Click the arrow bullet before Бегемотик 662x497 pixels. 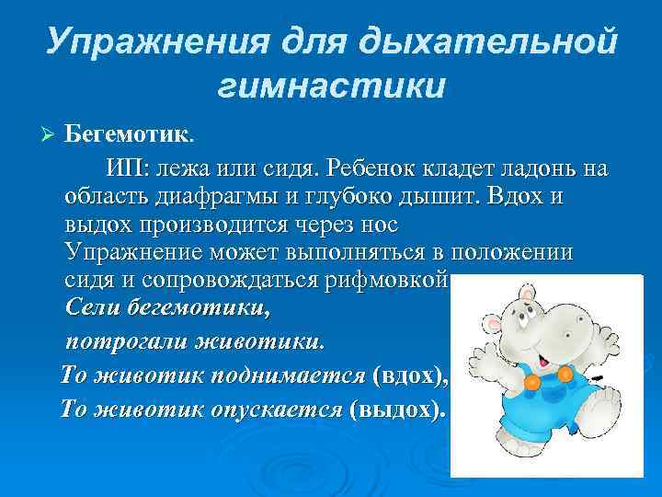(x=50, y=136)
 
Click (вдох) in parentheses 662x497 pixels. (x=410, y=376)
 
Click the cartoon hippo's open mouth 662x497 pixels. (x=542, y=351)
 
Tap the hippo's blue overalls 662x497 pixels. (x=542, y=405)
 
